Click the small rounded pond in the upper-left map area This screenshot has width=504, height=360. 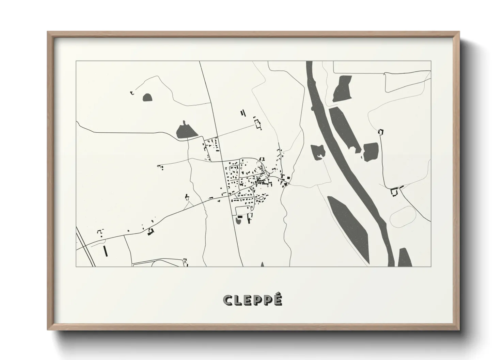pyautogui.click(x=147, y=98)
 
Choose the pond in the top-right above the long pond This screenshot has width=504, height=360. pyautogui.click(x=342, y=88)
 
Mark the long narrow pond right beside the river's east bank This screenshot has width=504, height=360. pyautogui.click(x=344, y=129)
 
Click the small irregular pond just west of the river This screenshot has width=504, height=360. pyautogui.click(x=318, y=151)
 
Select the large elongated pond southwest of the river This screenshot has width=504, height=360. pyautogui.click(x=347, y=225)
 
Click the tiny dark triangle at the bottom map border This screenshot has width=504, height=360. pyautogui.click(x=262, y=264)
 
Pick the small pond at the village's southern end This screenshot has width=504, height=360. pyautogui.click(x=238, y=221)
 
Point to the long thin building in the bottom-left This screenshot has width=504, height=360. pyautogui.click(x=105, y=250)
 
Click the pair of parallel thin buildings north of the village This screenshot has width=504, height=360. pyautogui.click(x=243, y=113)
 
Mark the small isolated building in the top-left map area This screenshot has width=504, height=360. pyautogui.click(x=132, y=92)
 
